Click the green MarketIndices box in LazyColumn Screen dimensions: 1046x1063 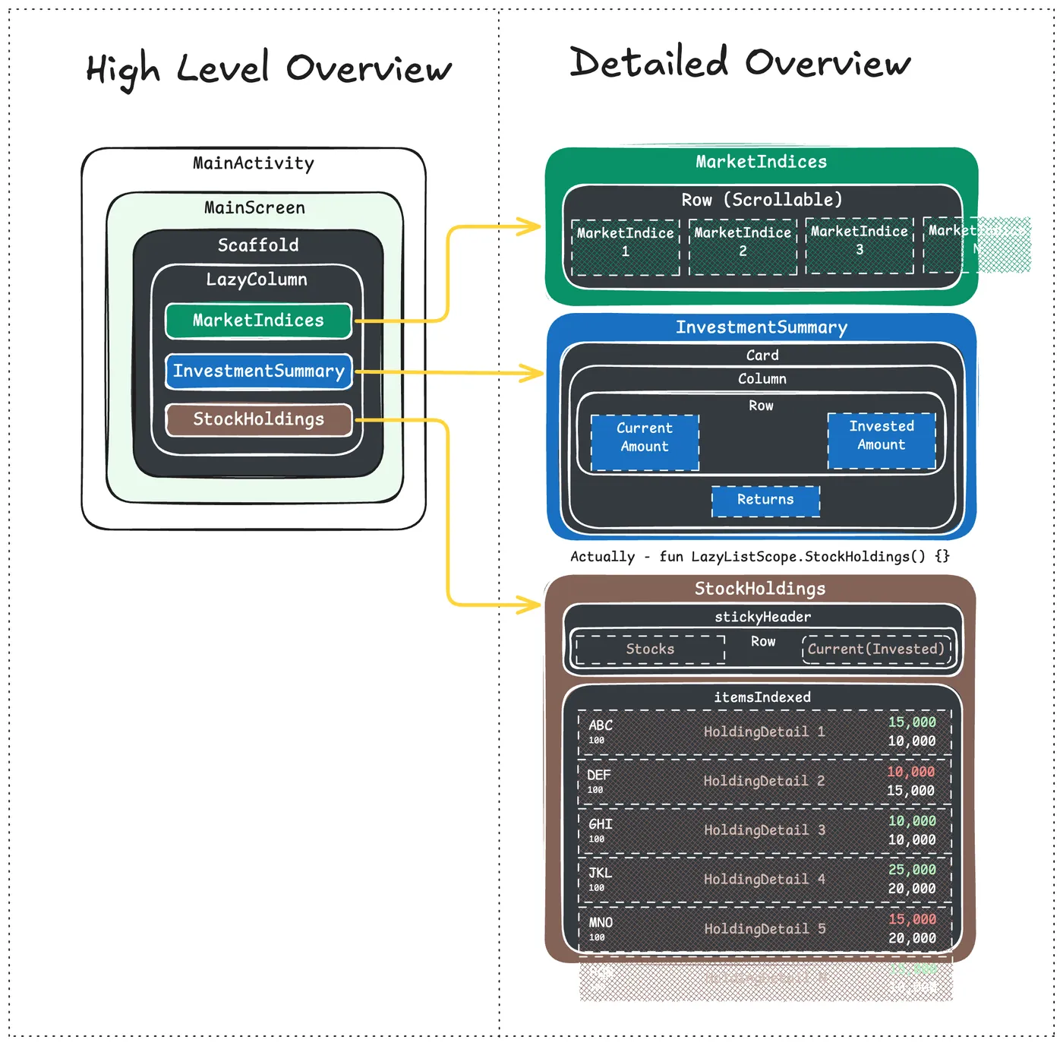click(x=258, y=321)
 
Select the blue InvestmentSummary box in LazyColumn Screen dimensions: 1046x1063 click(x=258, y=371)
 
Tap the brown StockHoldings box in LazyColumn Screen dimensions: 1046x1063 click(x=258, y=419)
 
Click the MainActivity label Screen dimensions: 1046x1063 click(x=253, y=163)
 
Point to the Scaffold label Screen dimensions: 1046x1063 click(x=258, y=245)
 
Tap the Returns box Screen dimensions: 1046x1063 click(x=765, y=501)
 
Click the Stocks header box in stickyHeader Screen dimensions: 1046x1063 click(x=650, y=649)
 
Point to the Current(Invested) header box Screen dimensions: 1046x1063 click(x=876, y=649)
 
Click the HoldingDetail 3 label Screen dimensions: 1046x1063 click(x=764, y=830)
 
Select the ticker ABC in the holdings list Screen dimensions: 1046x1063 click(x=600, y=725)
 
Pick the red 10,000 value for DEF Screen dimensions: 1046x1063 click(x=911, y=772)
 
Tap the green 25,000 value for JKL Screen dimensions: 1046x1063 click(x=912, y=870)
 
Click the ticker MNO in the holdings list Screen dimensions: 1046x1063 click(x=601, y=923)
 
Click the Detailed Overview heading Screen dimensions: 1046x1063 click(x=740, y=62)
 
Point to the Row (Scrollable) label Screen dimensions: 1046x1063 click(x=762, y=200)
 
